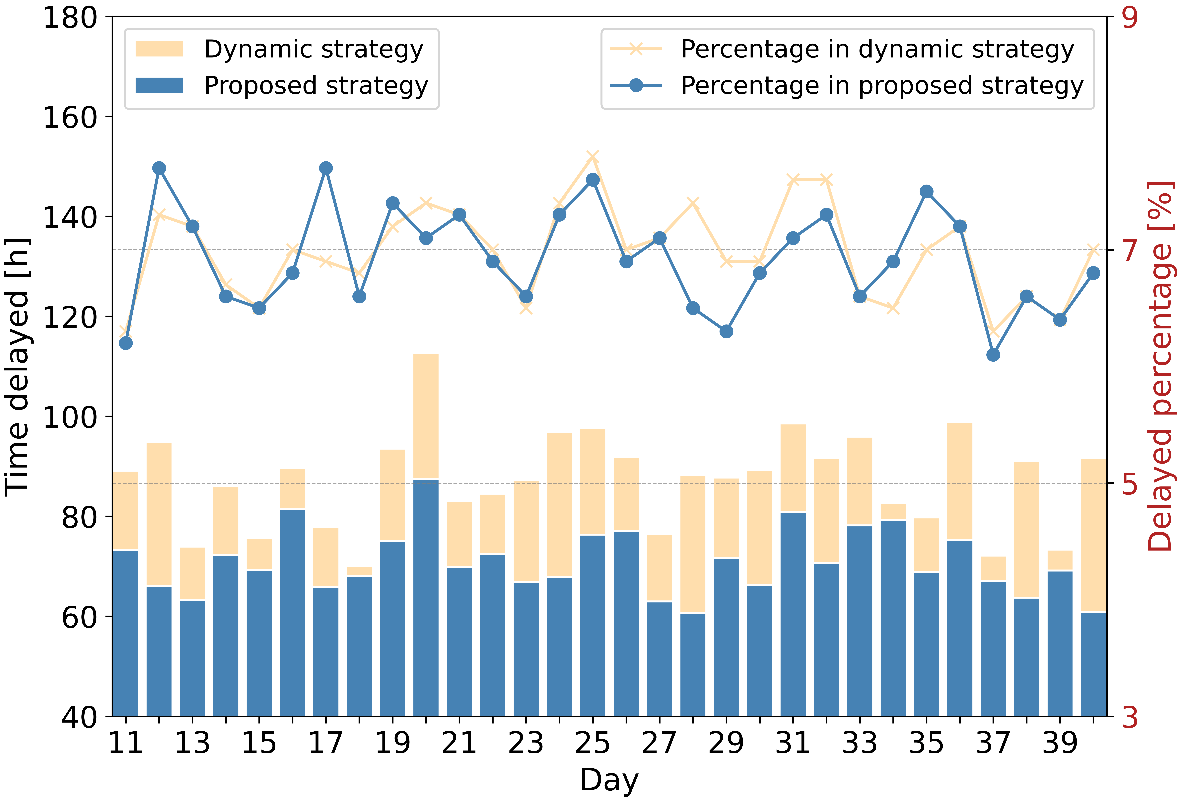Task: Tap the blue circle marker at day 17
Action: (326, 168)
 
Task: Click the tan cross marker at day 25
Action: (593, 156)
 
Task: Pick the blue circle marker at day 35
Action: (926, 192)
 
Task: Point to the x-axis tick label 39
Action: (1060, 743)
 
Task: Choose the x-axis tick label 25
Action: (593, 743)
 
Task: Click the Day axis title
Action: (609, 780)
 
